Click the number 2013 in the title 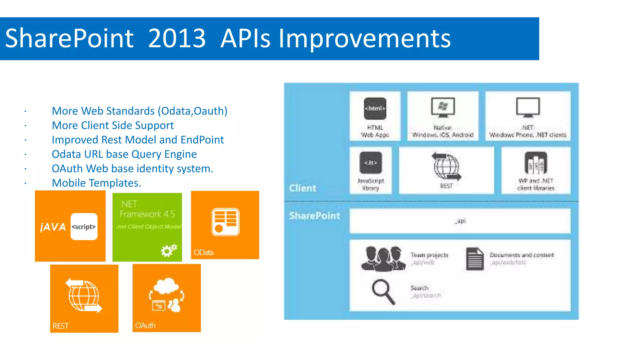click(x=177, y=38)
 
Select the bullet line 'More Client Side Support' click(x=112, y=125)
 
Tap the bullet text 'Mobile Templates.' click(x=96, y=183)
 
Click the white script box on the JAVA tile click(x=84, y=227)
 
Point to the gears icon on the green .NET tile click(x=169, y=250)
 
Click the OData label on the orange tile click(x=203, y=252)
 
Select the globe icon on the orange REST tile click(x=84, y=296)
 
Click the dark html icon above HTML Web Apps click(x=375, y=108)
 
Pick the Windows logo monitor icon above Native click(x=443, y=107)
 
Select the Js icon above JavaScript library click(x=371, y=162)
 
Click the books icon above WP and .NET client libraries click(x=535, y=163)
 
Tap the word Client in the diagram click(x=302, y=188)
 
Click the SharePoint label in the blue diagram click(x=314, y=216)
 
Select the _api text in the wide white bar click(x=460, y=221)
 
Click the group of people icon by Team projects click(x=383, y=258)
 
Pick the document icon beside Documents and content click(x=475, y=259)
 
